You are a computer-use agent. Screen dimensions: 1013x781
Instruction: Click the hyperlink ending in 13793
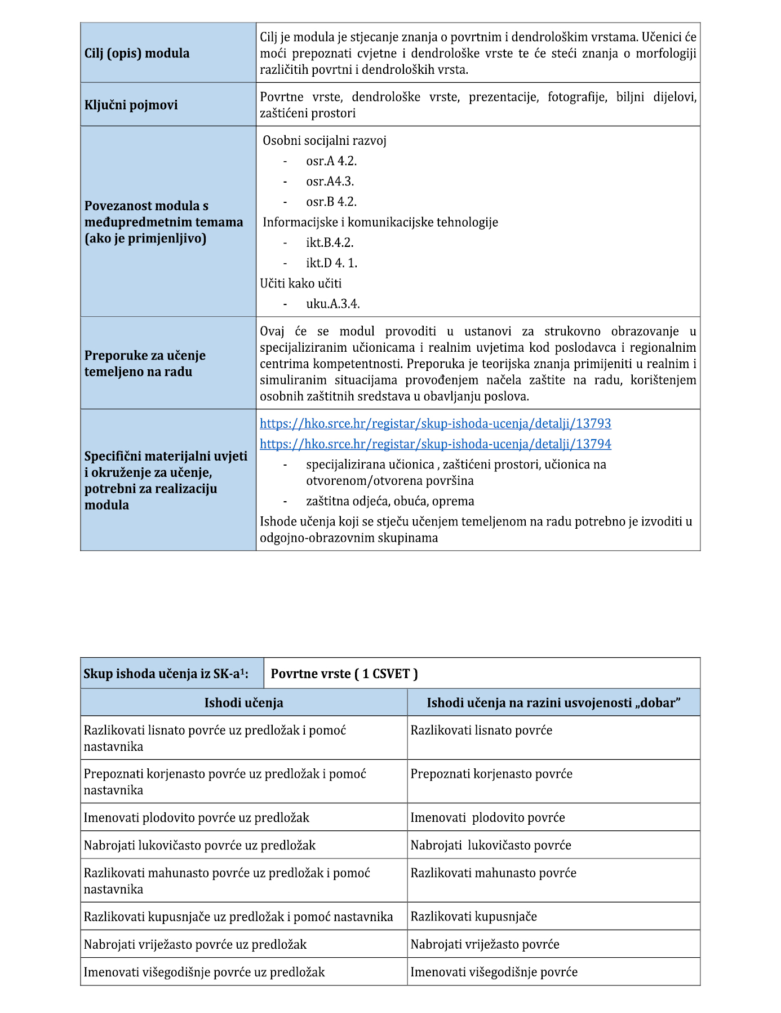(435, 423)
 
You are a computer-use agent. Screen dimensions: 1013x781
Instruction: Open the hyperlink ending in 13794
(435, 444)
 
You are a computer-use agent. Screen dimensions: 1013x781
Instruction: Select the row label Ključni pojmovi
(131, 105)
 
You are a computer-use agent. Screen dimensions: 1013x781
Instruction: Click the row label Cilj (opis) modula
(137, 53)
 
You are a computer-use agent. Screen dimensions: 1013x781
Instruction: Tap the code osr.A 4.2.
(331, 161)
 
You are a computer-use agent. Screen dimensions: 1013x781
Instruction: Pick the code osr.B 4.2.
(331, 202)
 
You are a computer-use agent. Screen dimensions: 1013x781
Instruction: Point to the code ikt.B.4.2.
(330, 242)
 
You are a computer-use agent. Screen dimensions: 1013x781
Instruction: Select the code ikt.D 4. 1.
(331, 263)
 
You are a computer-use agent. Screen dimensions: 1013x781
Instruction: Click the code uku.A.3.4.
(333, 304)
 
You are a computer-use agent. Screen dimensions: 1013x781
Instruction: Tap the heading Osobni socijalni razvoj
(325, 140)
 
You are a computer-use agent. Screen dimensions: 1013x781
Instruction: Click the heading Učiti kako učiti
(301, 283)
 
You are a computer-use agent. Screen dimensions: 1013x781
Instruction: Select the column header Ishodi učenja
(243, 702)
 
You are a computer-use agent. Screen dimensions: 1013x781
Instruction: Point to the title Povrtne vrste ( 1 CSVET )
(344, 674)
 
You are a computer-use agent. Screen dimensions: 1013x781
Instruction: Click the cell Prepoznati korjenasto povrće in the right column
(491, 774)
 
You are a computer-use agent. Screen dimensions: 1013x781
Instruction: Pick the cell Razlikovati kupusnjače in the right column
(473, 916)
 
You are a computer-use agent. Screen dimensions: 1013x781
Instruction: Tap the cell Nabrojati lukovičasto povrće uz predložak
(199, 845)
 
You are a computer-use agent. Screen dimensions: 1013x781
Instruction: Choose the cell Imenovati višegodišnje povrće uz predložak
(204, 972)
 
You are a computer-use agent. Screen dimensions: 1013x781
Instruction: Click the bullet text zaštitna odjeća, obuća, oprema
(390, 501)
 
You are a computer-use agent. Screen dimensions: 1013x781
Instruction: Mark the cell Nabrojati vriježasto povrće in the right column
(485, 944)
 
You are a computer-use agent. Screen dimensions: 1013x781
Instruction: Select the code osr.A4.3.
(330, 182)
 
